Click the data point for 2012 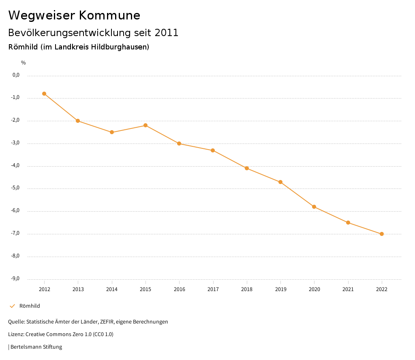pyautogui.click(x=44, y=94)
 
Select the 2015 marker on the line pyautogui.click(x=145, y=125)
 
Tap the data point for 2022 pyautogui.click(x=382, y=234)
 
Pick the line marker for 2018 pyautogui.click(x=247, y=168)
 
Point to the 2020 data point pyautogui.click(x=314, y=207)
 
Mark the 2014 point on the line pyautogui.click(x=112, y=132)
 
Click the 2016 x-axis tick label pyautogui.click(x=179, y=289)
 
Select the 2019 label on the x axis pyautogui.click(x=280, y=289)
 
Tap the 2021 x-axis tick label pyautogui.click(x=348, y=289)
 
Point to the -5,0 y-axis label pyautogui.click(x=16, y=188)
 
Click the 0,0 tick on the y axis pyautogui.click(x=16, y=75)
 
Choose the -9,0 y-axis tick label pyautogui.click(x=16, y=279)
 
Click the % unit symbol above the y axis pyautogui.click(x=24, y=63)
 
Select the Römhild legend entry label pyautogui.click(x=30, y=306)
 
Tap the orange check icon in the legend pyautogui.click(x=12, y=306)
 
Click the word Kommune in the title pyautogui.click(x=109, y=15)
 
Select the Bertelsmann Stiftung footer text pyautogui.click(x=36, y=347)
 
